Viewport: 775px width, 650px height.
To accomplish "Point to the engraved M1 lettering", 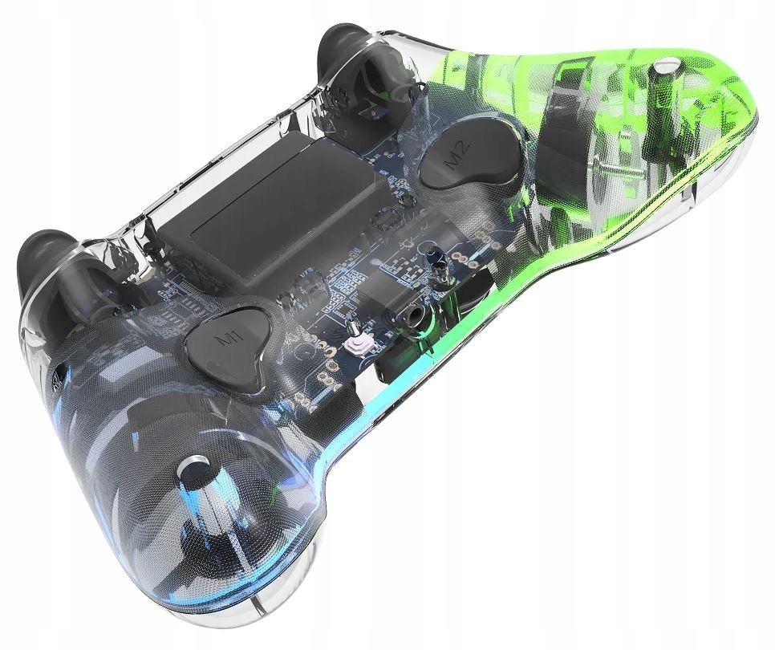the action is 228,339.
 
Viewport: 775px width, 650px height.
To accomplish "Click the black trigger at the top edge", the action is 348,62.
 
